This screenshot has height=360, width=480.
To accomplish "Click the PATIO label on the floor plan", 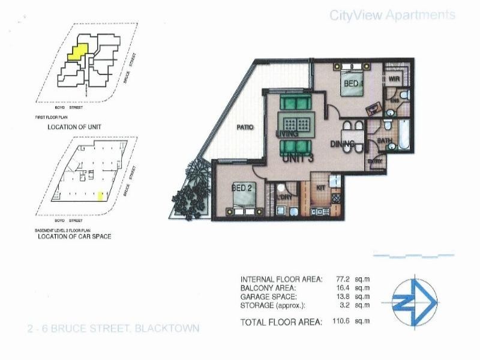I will [x=244, y=127].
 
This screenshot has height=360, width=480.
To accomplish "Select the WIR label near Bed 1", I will [x=394, y=79].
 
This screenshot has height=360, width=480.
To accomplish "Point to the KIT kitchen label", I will [x=320, y=188].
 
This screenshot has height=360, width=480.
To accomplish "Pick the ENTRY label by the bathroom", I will [x=376, y=161].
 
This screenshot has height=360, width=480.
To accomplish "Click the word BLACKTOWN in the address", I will [x=167, y=328].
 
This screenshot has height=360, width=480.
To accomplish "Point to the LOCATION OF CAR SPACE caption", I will [x=74, y=236].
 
